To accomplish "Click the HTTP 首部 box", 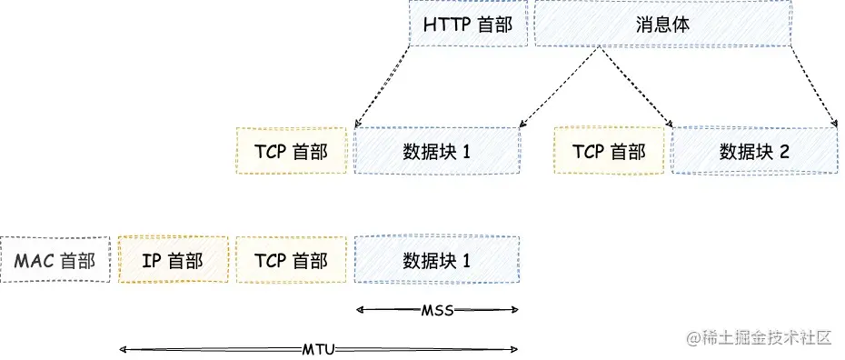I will point(468,25).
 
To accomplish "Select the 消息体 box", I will point(663,25).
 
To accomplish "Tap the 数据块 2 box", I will point(754,150).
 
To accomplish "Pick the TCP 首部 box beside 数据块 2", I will point(611,150).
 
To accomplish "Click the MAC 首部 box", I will point(55,261).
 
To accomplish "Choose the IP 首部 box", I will point(173,261).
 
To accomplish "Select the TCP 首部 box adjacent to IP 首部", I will point(291,261).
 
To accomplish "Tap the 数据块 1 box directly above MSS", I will point(436,261).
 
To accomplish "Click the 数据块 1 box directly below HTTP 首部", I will point(436,150).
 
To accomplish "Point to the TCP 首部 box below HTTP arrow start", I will point(291,150).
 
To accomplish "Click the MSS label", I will point(437,310).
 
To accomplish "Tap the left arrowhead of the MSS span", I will point(358,310).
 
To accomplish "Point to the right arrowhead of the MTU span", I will point(516,349).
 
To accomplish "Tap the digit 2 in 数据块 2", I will point(783,151).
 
